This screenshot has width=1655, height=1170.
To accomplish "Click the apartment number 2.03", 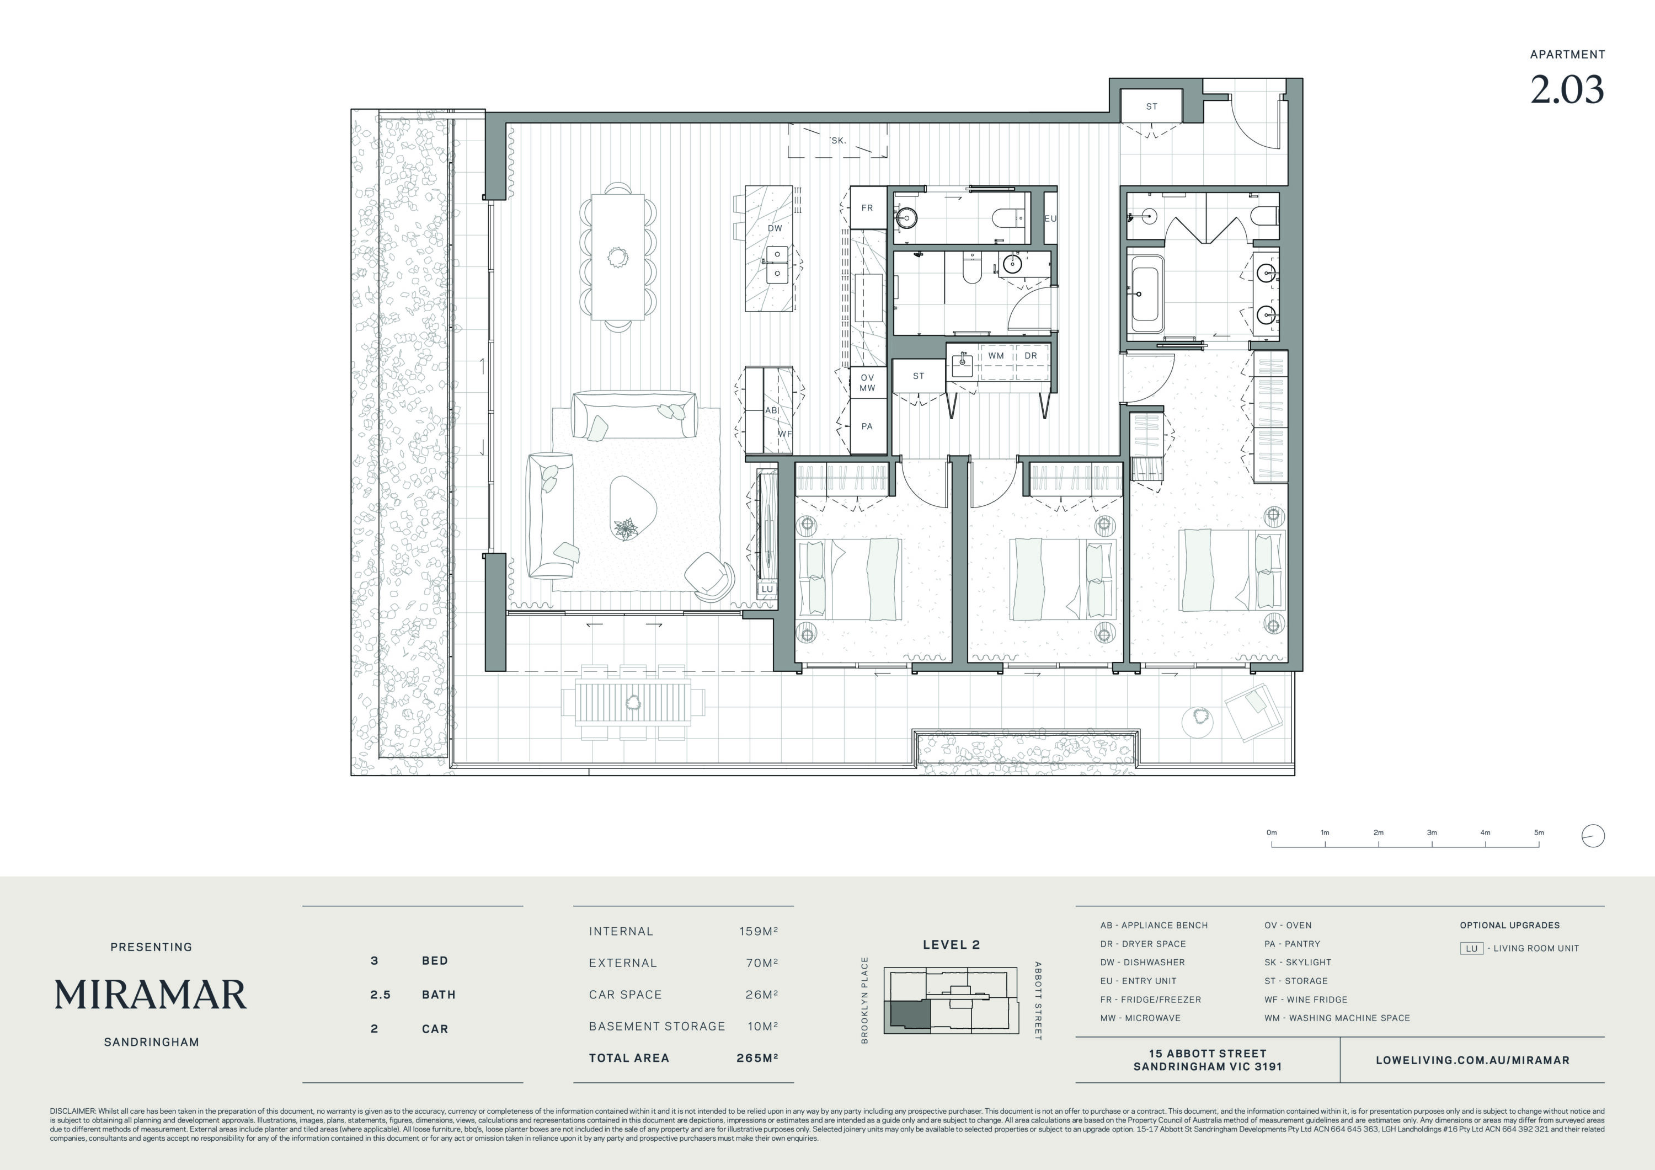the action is (x=1567, y=89).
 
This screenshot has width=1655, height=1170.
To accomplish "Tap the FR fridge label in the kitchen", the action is (x=867, y=207).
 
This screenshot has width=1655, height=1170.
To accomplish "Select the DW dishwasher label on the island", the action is (x=775, y=228).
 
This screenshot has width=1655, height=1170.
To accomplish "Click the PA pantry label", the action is (x=867, y=426).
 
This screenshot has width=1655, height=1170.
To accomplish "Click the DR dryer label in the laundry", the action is (x=1031, y=355).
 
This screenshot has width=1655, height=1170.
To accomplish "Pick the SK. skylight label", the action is (x=837, y=141).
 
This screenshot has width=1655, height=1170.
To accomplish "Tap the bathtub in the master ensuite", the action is (x=1145, y=294).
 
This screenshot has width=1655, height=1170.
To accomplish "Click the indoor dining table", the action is (x=618, y=257).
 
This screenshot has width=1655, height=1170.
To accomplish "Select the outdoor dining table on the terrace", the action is (x=633, y=703).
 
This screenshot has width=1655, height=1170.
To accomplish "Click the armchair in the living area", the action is (x=709, y=576).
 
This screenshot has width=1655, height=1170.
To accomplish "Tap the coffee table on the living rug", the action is (x=633, y=507).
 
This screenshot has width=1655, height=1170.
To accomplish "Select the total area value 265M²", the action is (x=757, y=1057).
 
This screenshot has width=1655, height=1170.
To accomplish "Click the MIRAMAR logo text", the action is (x=151, y=995).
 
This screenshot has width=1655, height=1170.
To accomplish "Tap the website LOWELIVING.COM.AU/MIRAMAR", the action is (x=1472, y=1060).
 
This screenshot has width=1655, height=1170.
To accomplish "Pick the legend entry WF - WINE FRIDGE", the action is (x=1305, y=999).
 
